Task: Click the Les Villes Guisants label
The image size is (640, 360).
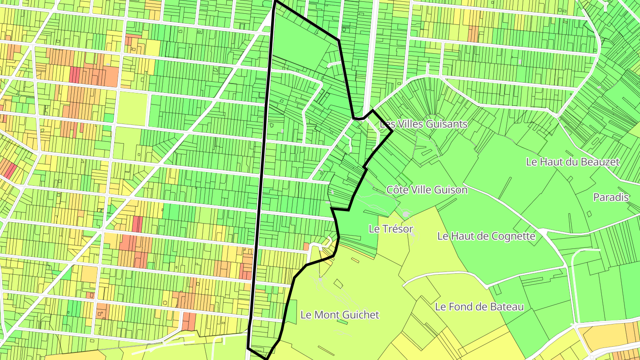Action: [424, 124]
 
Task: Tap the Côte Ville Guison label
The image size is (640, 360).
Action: [427, 190]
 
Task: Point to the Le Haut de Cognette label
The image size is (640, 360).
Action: [486, 236]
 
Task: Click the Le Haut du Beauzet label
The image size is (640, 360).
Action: [572, 162]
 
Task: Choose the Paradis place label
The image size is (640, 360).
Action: [612, 197]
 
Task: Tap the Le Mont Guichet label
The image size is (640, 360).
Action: [340, 315]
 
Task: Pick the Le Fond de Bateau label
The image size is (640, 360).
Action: [479, 307]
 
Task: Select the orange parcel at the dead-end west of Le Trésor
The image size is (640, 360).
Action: [306, 246]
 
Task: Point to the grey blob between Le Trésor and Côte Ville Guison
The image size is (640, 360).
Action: [406, 214]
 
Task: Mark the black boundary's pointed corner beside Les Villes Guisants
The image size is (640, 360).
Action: [392, 131]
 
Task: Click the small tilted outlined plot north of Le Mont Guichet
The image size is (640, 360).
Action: [339, 284]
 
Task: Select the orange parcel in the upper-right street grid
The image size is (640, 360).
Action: [473, 33]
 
